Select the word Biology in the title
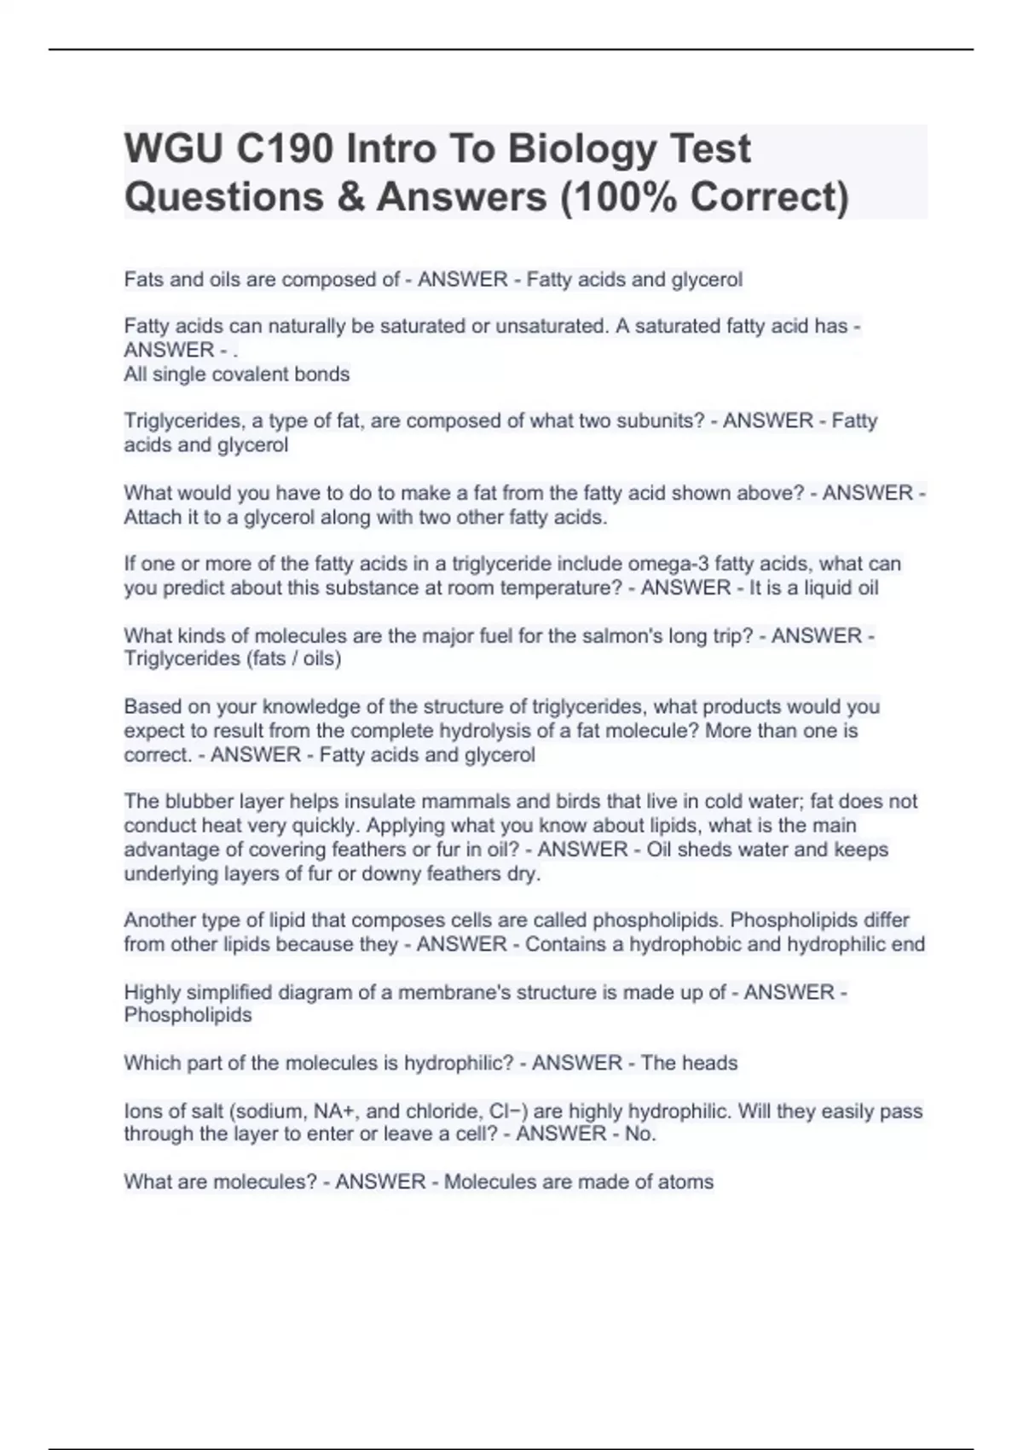(x=583, y=149)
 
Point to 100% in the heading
(x=619, y=197)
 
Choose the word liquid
(x=818, y=588)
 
